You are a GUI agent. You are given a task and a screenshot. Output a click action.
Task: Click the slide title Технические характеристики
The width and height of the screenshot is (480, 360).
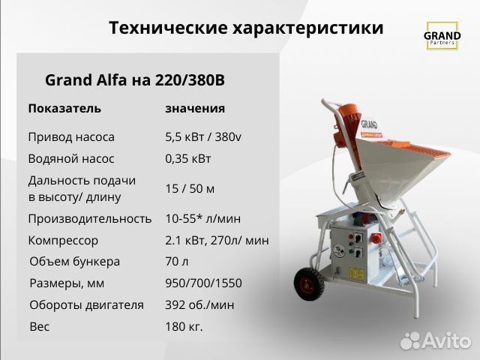pyautogui.click(x=246, y=28)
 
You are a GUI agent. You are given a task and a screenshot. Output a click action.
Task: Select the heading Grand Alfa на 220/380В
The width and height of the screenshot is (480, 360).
pyautogui.click(x=135, y=79)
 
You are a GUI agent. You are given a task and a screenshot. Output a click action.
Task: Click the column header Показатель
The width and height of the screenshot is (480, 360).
pyautogui.click(x=64, y=108)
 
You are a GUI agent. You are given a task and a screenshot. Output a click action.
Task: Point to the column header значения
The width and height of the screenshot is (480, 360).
pyautogui.click(x=195, y=108)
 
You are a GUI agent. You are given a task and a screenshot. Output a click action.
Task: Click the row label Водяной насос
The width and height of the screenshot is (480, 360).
pyautogui.click(x=71, y=159)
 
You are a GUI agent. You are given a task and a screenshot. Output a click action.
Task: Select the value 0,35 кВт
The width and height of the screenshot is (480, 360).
pyautogui.click(x=188, y=159)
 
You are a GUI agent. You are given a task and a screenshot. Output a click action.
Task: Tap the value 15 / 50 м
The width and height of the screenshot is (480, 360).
pyautogui.click(x=190, y=188)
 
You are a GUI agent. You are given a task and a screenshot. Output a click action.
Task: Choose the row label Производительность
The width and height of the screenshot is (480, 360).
pyautogui.click(x=90, y=218)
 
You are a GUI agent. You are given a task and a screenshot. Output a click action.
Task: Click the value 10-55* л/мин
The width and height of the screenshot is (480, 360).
pyautogui.click(x=203, y=218)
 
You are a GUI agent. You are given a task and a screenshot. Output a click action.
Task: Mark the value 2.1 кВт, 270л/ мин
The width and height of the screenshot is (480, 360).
pyautogui.click(x=217, y=241)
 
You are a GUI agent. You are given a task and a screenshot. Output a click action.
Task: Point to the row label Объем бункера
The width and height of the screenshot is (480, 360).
pyautogui.click(x=74, y=262)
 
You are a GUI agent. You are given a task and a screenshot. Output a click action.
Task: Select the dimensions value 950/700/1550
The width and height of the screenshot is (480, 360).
pyautogui.click(x=203, y=283)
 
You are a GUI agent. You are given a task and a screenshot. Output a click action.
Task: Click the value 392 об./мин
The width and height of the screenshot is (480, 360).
pyautogui.click(x=199, y=304)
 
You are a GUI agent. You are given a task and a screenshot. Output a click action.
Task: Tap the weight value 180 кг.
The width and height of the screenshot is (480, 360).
pyautogui.click(x=184, y=326)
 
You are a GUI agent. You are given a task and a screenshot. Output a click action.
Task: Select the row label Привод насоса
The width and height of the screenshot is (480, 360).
pyautogui.click(x=71, y=137)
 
